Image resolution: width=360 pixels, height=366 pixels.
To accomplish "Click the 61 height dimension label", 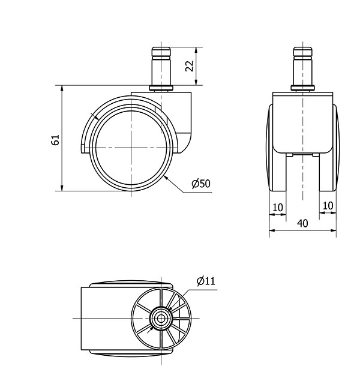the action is tap(55, 140).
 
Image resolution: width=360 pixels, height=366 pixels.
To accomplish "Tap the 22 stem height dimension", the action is tap(190, 66).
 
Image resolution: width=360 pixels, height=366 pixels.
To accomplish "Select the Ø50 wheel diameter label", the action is tap(201, 184).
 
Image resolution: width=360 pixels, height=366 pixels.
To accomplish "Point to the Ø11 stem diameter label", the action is tap(206, 281).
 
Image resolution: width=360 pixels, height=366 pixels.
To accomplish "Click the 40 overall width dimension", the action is tap(302, 223).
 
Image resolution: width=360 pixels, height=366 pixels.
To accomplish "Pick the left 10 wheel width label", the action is tap(278, 207).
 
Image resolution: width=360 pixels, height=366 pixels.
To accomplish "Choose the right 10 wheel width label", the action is tap(328, 206).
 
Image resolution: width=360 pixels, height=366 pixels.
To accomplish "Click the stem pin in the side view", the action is tap(161, 66).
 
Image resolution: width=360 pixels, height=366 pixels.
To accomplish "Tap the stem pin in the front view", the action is tap(303, 66).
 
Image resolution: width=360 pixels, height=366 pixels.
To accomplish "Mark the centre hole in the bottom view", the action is tap(161, 319).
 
